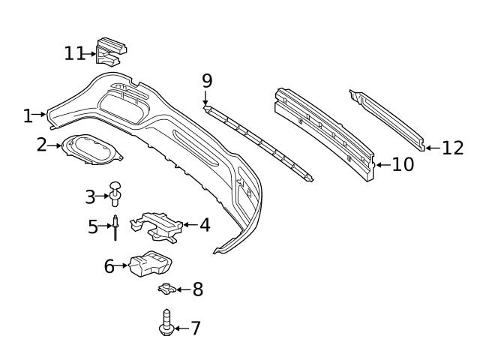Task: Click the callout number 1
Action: (x=28, y=115)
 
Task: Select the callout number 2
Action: (x=41, y=145)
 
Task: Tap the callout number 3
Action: (x=90, y=196)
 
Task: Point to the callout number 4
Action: (x=204, y=224)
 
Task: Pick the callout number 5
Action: (x=93, y=226)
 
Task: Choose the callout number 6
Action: (x=109, y=266)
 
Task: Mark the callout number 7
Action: (x=195, y=328)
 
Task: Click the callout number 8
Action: (x=197, y=289)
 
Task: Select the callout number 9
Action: (x=207, y=80)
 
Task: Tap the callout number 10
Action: (x=403, y=164)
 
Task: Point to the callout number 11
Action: (x=75, y=53)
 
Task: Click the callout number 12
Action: (x=453, y=148)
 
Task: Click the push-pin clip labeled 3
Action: (x=115, y=193)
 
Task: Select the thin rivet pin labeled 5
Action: (x=116, y=227)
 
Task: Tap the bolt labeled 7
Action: (x=165, y=323)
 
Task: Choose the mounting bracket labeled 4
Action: (x=159, y=225)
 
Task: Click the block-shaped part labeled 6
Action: (x=148, y=265)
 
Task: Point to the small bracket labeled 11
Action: (x=109, y=50)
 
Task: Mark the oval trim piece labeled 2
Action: (x=91, y=148)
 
